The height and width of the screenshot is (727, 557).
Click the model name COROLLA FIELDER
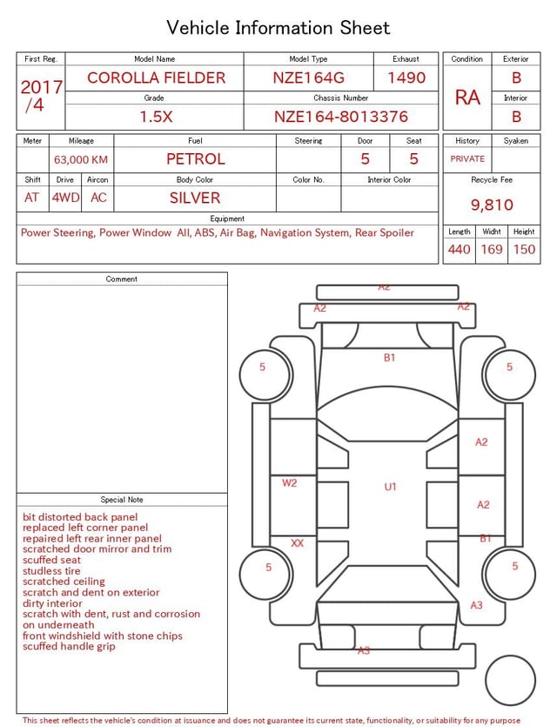coord(156,77)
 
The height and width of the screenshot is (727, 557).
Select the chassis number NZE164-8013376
coord(341,117)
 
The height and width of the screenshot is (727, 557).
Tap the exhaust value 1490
coord(406,77)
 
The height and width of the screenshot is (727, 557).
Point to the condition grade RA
coord(467,98)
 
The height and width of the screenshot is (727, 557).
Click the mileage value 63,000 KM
coord(81,159)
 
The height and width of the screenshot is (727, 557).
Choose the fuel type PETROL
coord(196,159)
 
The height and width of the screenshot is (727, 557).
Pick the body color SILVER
coord(195,198)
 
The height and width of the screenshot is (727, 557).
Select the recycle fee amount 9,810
coord(492,205)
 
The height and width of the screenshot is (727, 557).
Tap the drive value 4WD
coord(65,198)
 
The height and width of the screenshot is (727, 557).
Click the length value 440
coord(460,249)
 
